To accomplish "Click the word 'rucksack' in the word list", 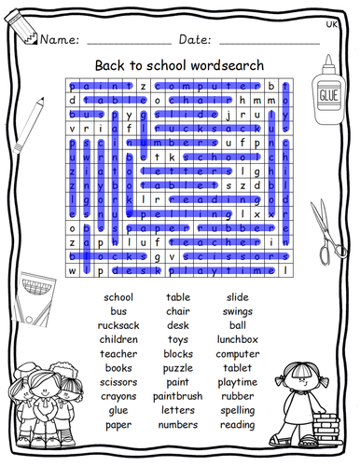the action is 118,325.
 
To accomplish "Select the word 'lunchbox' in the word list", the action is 238,339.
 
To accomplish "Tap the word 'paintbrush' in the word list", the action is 178,397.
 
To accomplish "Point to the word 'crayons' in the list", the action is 118,396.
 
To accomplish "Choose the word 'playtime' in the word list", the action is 238,382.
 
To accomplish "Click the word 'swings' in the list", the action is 238,311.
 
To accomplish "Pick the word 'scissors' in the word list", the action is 118,382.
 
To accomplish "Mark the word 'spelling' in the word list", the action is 238,411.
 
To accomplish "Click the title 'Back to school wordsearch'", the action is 179,65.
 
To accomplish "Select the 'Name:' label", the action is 59,39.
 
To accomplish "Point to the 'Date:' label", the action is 195,39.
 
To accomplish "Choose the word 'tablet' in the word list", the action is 238,368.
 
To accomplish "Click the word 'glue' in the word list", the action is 118,411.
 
